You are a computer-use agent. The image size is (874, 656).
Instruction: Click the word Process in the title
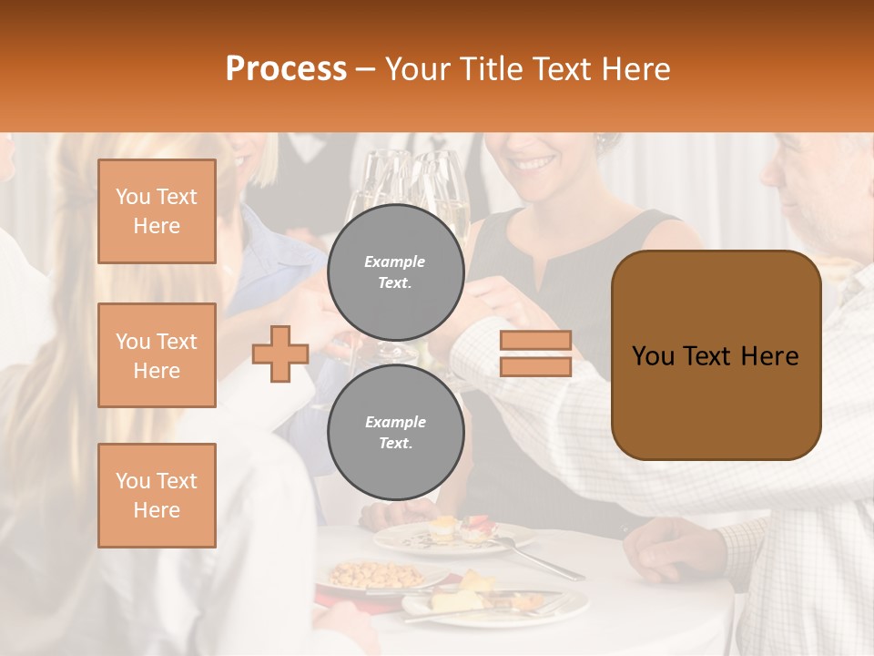tap(286, 69)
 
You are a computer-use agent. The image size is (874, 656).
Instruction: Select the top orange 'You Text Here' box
tap(157, 211)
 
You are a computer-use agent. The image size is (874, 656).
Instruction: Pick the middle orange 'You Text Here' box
tap(157, 355)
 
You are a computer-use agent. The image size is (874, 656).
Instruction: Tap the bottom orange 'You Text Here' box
tap(157, 496)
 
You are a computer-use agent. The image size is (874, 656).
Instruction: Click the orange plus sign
tap(280, 354)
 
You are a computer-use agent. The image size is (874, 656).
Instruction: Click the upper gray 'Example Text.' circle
tap(396, 272)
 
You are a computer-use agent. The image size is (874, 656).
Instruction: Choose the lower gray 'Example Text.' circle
tap(396, 433)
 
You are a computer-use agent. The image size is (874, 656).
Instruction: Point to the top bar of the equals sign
tap(535, 341)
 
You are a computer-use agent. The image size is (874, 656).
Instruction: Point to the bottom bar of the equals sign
tap(535, 366)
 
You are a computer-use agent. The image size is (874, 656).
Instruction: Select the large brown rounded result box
tap(716, 355)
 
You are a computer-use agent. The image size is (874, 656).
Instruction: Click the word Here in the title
tap(635, 69)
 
